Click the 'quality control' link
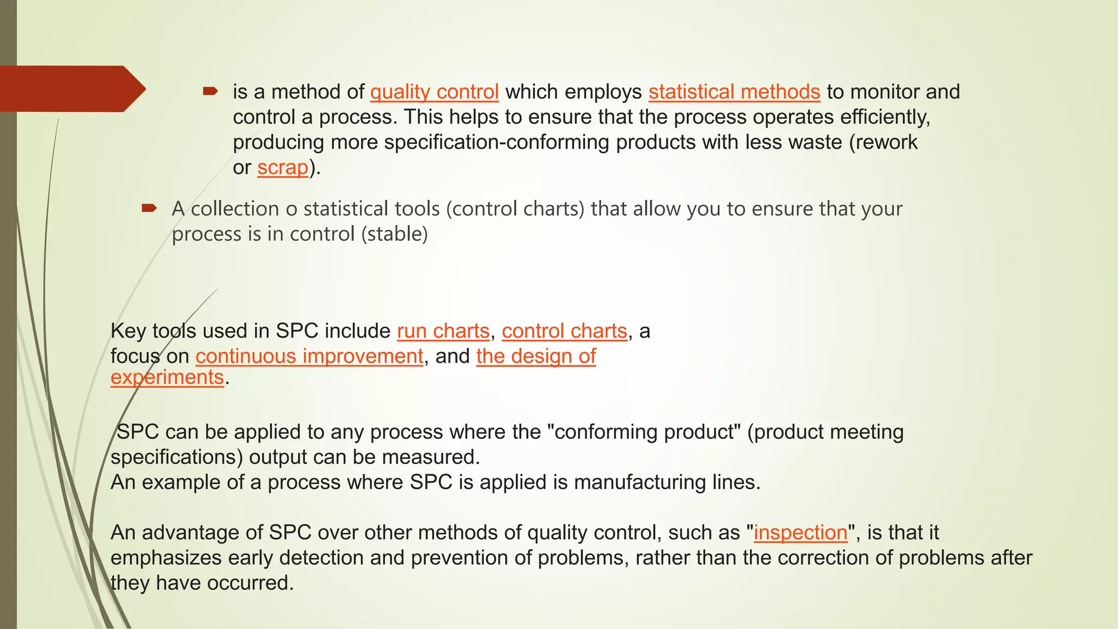tap(434, 92)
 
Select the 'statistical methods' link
tap(734, 92)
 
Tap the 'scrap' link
tap(283, 167)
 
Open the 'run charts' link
tap(443, 331)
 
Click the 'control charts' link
tap(564, 331)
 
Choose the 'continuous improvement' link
tap(309, 356)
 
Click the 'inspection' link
tap(800, 532)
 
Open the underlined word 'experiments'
tap(167, 377)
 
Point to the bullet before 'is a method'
tap(210, 91)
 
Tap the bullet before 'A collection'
tap(149, 208)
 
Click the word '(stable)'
tap(394, 234)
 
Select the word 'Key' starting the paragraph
tap(128, 331)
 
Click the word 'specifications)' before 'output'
tap(176, 457)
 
